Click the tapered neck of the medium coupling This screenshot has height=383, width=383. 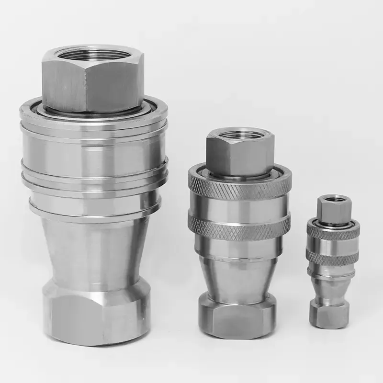[238, 275]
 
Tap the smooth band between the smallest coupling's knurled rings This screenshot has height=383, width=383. [333, 245]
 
